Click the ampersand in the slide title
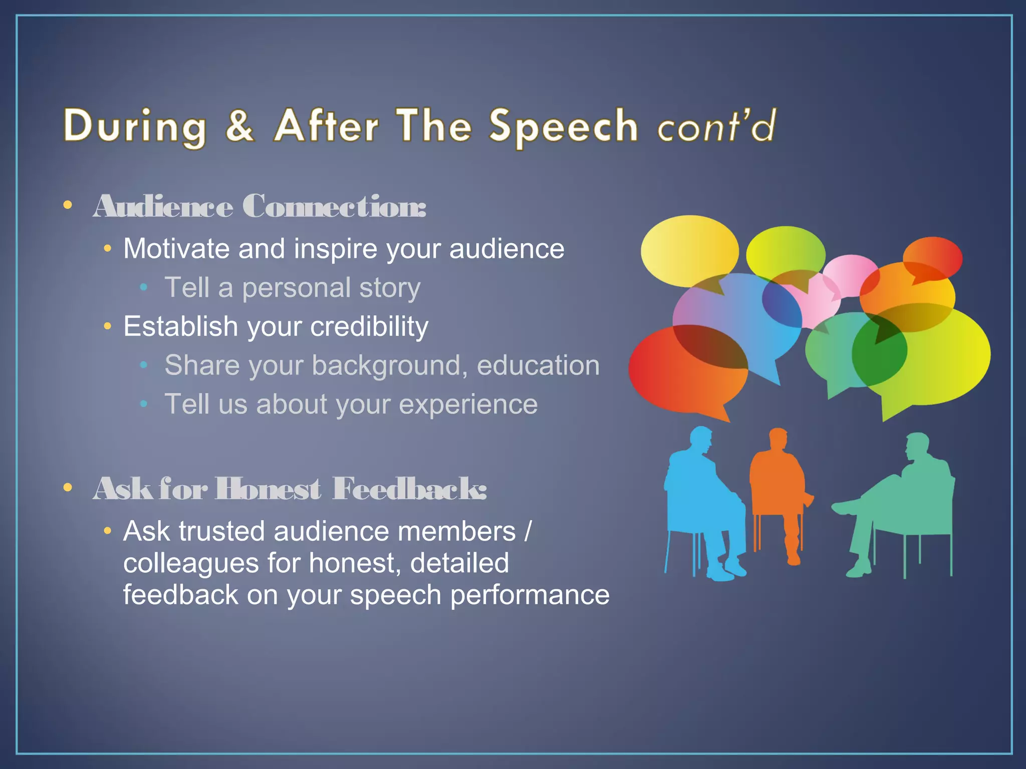239,126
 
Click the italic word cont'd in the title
716,126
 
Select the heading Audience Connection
260,206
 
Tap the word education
538,365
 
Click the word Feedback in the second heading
409,489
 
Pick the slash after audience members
527,531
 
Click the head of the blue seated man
700,440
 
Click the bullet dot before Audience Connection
68,205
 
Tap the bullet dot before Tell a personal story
144,287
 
